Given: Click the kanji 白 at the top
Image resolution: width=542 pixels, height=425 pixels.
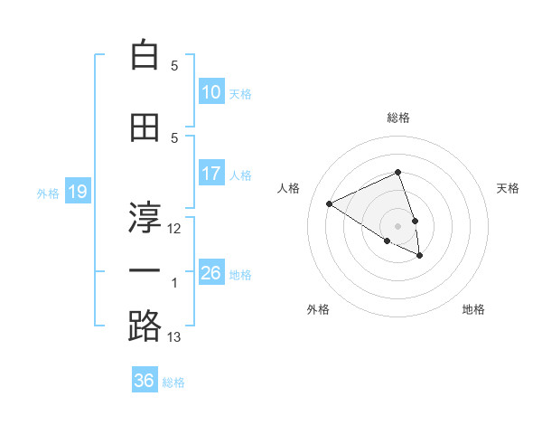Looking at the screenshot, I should pos(145,56).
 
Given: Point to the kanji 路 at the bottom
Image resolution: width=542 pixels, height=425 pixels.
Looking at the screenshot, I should pos(145,326).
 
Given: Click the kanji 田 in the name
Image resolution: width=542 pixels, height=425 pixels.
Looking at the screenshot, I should pos(145,127).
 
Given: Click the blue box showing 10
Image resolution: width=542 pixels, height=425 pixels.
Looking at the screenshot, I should pos(211,92).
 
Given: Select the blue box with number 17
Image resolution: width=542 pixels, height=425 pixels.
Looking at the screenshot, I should pos(211,174).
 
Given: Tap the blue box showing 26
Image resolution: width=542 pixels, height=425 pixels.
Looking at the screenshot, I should pos(211,273).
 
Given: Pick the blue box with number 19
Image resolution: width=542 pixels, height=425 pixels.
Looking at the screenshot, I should pos(77,192).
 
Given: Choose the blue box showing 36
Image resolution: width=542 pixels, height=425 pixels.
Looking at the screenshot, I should pos(145,381).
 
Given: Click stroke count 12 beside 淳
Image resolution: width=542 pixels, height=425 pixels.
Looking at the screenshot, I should pos(174,228).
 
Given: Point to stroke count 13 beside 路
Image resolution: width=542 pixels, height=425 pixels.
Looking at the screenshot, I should pos(174,337).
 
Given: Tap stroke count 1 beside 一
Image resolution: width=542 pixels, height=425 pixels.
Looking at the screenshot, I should pos(174,283).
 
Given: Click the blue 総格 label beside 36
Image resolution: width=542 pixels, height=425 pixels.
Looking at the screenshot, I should pos(173,382).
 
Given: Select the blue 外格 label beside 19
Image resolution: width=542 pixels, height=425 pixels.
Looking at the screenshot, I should pos(47,193).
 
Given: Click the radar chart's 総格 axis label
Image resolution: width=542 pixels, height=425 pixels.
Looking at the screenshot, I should pos(398,118).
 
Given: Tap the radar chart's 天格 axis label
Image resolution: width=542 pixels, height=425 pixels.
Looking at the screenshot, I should pos(508,188).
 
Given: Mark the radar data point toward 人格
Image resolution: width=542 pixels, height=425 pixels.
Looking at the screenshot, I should pos(330,203).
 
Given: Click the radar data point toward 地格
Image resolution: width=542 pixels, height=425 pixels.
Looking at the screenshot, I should pos(420,256).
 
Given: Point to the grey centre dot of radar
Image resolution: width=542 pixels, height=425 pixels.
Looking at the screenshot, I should pos(397,225).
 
